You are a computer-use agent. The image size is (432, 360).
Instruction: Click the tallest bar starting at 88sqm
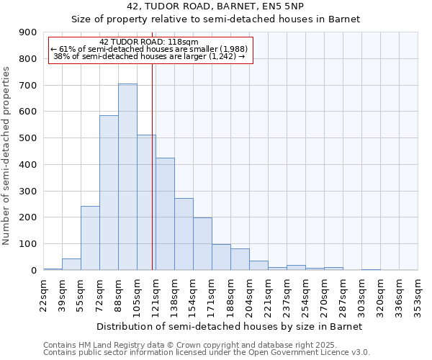pos(127,177)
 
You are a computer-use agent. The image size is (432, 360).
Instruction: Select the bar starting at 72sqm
pos(109,193)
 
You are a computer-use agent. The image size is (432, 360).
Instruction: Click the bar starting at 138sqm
pos(184,234)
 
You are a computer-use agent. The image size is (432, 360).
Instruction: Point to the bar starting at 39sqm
pos(71,264)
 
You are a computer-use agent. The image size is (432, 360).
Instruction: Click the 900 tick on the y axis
pos(28,32)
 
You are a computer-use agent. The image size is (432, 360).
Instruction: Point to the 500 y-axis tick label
pos(28,138)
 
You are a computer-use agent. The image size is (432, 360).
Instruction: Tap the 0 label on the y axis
pos(33,271)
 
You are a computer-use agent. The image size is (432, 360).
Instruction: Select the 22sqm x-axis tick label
pos(43,293)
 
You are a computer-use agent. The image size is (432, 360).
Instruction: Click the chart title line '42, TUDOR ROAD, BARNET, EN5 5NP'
pos(215,6)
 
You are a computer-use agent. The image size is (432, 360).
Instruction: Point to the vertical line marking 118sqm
pos(153,166)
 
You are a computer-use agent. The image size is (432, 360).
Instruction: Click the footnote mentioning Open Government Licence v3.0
pos(207,353)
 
